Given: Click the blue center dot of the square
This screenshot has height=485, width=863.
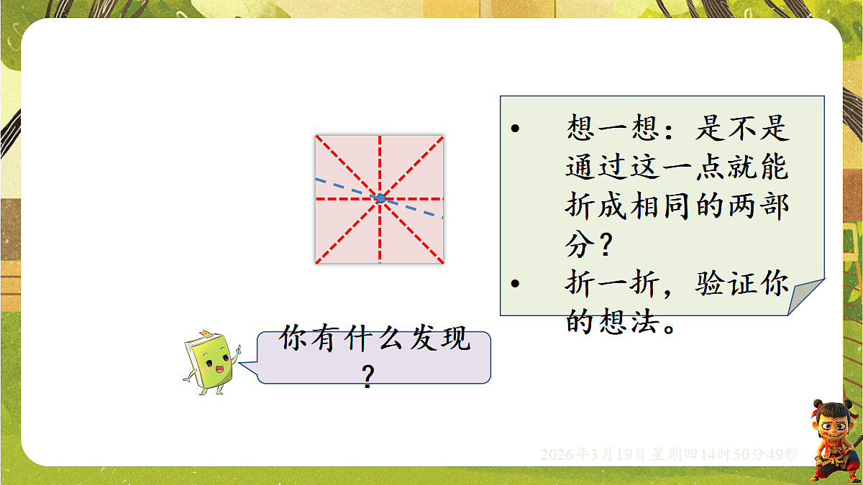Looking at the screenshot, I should [380, 198].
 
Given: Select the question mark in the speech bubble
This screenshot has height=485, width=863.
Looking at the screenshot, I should [368, 377].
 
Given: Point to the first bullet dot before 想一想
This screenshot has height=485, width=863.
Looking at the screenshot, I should [514, 129].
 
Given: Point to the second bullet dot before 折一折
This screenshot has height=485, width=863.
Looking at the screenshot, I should [514, 285].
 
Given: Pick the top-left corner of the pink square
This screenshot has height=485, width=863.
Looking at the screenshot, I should [316, 135].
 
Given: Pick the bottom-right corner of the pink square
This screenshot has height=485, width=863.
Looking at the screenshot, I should [442, 262].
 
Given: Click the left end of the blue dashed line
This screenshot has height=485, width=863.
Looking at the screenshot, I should [316, 177].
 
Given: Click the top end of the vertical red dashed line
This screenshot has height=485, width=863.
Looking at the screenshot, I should [380, 136].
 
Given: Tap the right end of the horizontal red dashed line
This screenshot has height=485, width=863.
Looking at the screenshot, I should [442, 198].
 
